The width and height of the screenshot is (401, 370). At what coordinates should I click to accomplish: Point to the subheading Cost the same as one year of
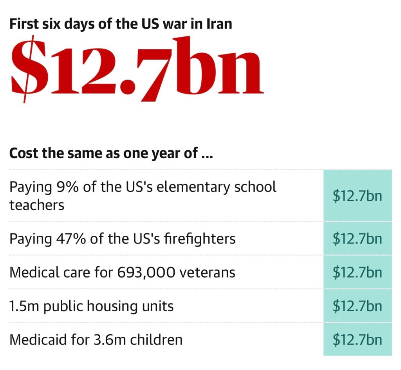[110, 153]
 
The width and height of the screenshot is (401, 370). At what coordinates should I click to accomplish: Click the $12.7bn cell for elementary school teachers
[357, 196]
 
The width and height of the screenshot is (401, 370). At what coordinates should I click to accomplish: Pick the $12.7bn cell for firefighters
[357, 238]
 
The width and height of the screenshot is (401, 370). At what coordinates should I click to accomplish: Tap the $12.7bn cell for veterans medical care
[357, 272]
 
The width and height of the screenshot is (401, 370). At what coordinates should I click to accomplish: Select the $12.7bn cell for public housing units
[357, 306]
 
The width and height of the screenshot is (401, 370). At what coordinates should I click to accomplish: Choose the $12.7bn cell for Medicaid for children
[357, 339]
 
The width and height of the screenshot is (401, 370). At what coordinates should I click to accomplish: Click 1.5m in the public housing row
[24, 306]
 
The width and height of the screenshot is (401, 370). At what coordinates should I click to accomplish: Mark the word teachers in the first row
[37, 205]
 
